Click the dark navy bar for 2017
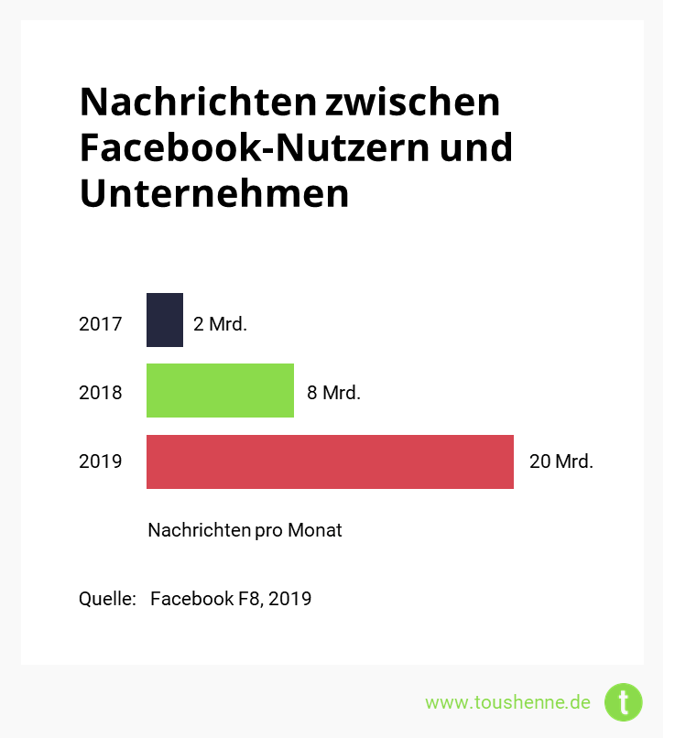click(x=165, y=320)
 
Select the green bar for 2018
click(x=220, y=391)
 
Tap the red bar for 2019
click(x=330, y=461)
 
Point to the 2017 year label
click(x=100, y=323)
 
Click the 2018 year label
click(x=100, y=393)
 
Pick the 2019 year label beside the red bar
click(x=100, y=461)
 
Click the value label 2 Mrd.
click(x=220, y=323)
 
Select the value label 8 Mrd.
click(x=333, y=393)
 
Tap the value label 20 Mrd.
click(x=561, y=461)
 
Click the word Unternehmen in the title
click(x=214, y=193)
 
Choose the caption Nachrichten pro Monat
click(x=245, y=530)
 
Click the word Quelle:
click(x=107, y=599)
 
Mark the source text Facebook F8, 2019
click(x=231, y=599)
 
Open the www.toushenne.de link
click(x=507, y=702)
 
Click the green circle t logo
click(x=624, y=702)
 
